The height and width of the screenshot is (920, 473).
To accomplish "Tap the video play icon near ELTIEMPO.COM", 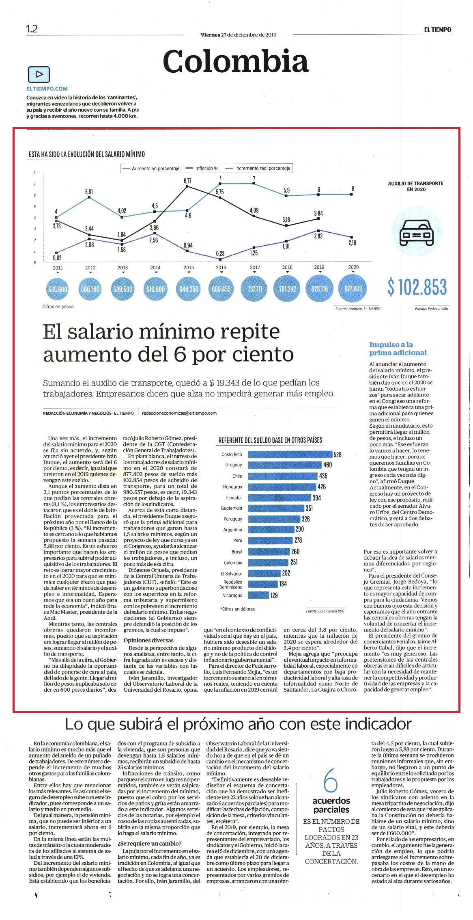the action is click(x=39, y=74).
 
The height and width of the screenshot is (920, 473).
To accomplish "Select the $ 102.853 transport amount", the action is click(x=417, y=287).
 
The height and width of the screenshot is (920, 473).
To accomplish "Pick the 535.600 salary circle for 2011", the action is click(x=58, y=289).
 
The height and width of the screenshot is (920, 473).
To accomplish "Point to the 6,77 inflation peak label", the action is click(x=187, y=180).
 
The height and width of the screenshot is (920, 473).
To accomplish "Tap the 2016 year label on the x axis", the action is click(x=221, y=268).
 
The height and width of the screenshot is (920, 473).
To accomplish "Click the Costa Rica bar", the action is click(x=290, y=455).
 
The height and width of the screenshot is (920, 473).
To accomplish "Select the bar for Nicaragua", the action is click(x=258, y=595).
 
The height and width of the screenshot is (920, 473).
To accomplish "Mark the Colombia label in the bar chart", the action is click(x=233, y=563).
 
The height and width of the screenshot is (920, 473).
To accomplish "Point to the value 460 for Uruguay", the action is click(x=327, y=465).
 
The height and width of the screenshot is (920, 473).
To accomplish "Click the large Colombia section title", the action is click(x=236, y=61).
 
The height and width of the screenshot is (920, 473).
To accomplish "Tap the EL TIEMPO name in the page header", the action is click(x=438, y=29).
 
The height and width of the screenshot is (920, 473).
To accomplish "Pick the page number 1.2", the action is click(x=32, y=29).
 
